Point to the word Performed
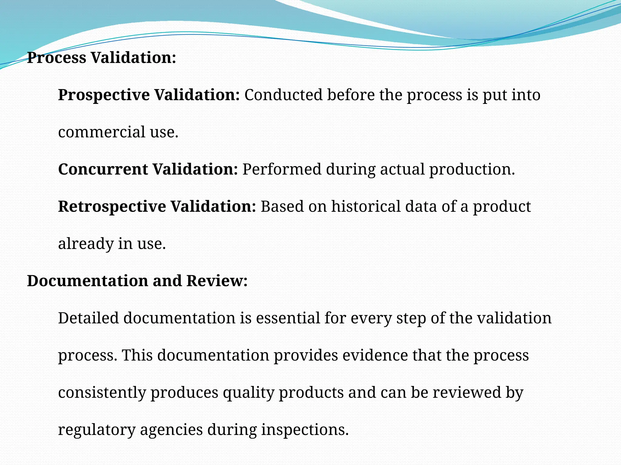click(x=282, y=169)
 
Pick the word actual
click(x=402, y=169)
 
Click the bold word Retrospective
click(x=112, y=206)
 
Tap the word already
click(x=86, y=244)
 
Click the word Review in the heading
click(x=217, y=281)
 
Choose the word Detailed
click(x=88, y=318)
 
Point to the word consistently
click(x=102, y=393)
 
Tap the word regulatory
click(x=97, y=430)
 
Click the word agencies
click(x=171, y=430)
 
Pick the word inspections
click(x=305, y=430)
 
